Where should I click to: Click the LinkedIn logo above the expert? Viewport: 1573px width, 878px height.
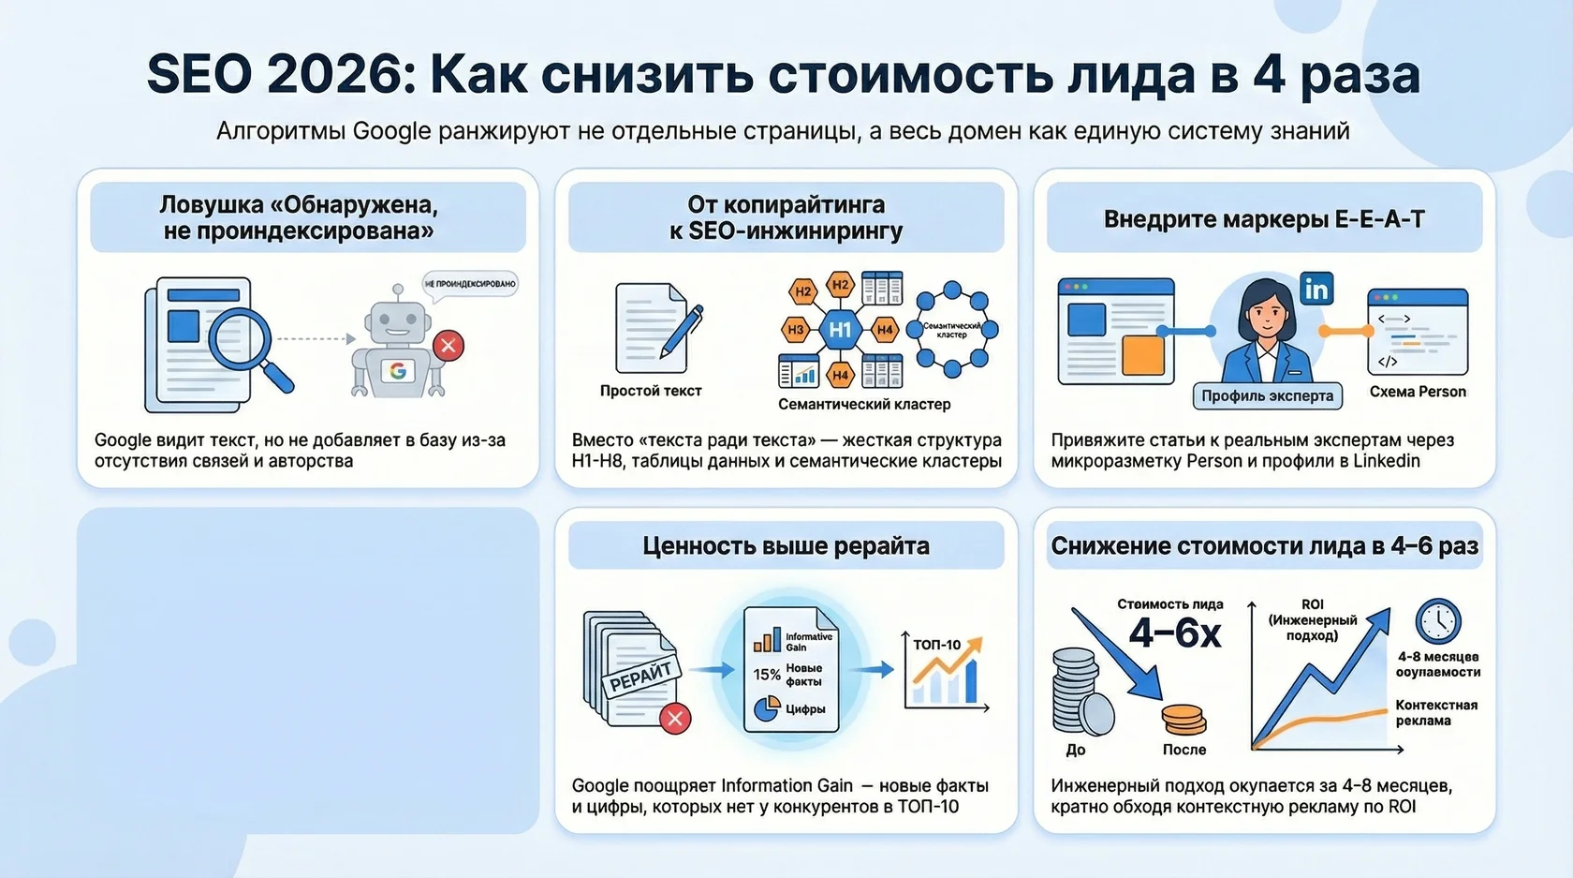pyautogui.click(x=1316, y=289)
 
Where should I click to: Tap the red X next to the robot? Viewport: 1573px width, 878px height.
pyautogui.click(x=448, y=346)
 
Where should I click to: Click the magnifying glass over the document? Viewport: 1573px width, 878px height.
pyautogui.click(x=241, y=342)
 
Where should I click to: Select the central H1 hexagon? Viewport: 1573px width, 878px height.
pyautogui.click(x=840, y=329)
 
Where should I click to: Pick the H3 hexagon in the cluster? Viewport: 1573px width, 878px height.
pyautogui.click(x=796, y=330)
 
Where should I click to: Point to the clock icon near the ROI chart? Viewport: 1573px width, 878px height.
pyautogui.click(x=1437, y=621)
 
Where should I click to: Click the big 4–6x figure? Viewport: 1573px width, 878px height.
pyautogui.click(x=1175, y=633)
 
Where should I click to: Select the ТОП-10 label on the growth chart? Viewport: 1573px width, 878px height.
pyautogui.click(x=936, y=645)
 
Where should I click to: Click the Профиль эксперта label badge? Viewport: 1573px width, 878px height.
pyautogui.click(x=1267, y=395)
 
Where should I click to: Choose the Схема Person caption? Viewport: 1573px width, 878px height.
pyautogui.click(x=1418, y=392)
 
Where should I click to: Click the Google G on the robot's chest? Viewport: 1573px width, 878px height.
pyautogui.click(x=398, y=371)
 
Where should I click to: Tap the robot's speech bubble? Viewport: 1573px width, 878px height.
pyautogui.click(x=470, y=284)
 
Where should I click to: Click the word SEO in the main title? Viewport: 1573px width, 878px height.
pyautogui.click(x=198, y=74)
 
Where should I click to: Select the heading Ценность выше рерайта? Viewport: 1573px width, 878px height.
pyautogui.click(x=786, y=546)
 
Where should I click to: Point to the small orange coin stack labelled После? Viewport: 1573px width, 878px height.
pyautogui.click(x=1183, y=720)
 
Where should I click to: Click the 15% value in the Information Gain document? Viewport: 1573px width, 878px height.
pyautogui.click(x=767, y=675)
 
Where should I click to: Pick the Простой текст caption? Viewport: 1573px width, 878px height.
pyautogui.click(x=651, y=391)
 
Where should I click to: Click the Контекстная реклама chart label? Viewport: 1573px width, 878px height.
pyautogui.click(x=1436, y=712)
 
